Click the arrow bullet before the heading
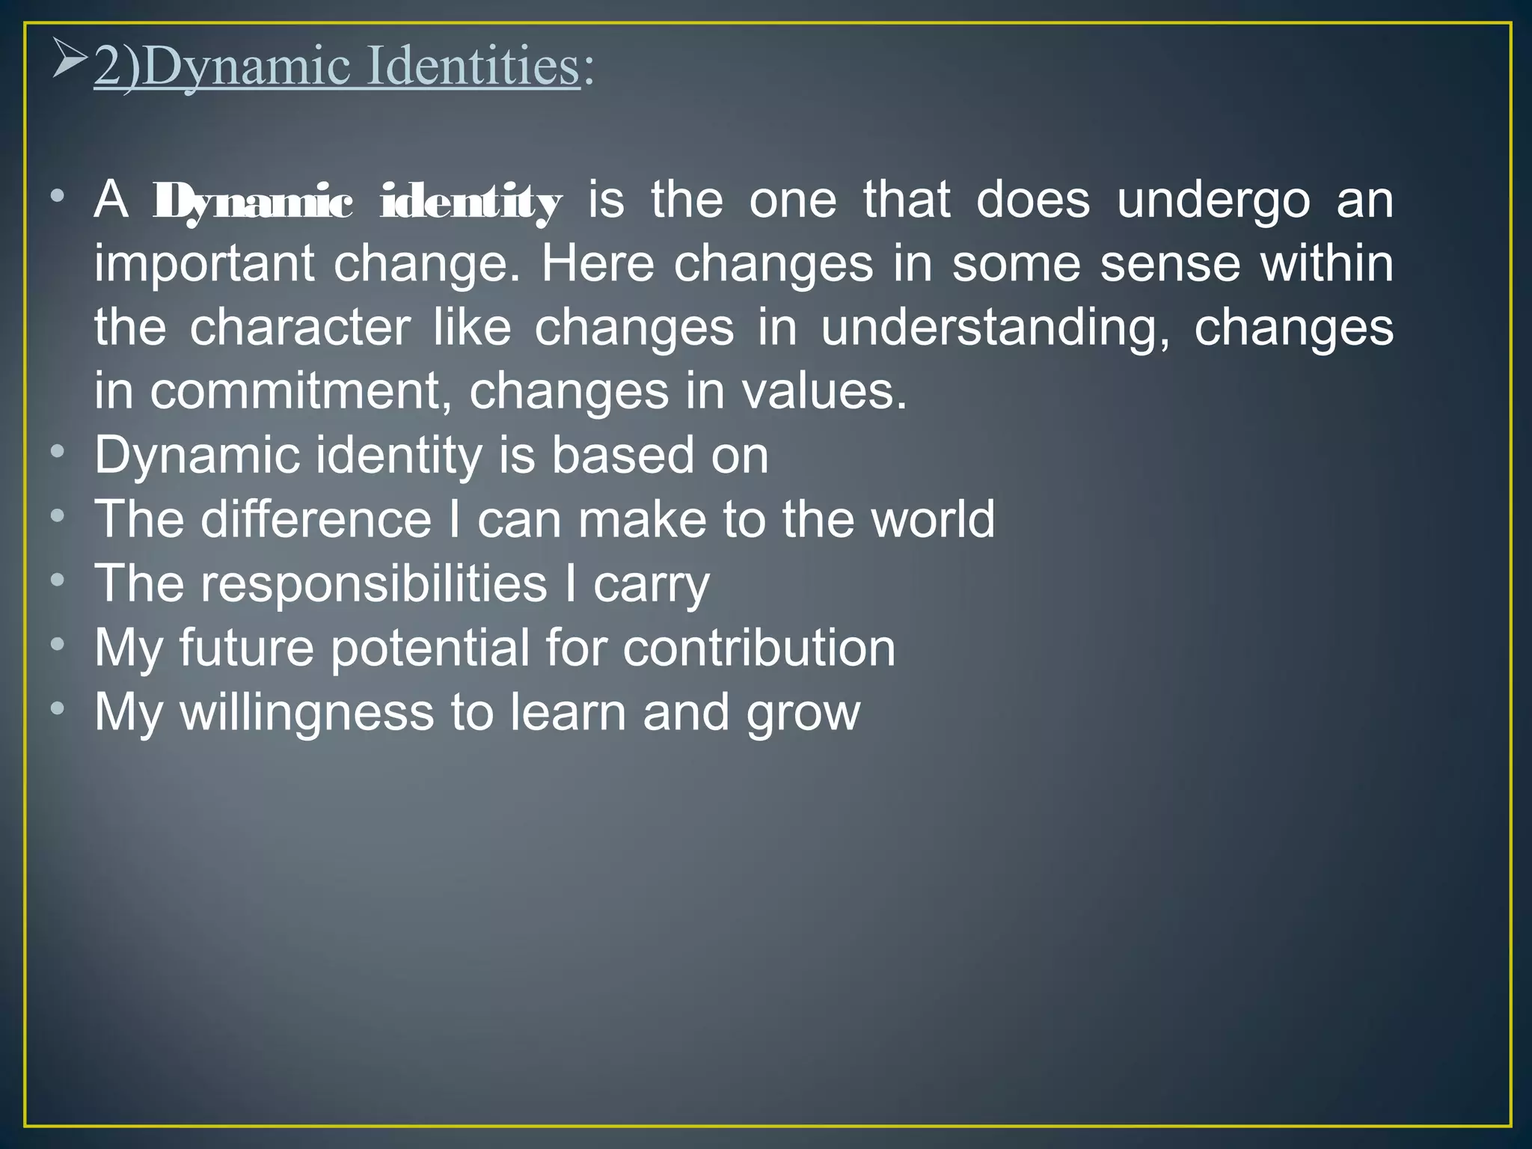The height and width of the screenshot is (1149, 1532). (70, 62)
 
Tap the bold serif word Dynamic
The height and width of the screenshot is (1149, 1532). (252, 202)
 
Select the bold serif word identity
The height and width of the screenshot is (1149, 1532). (471, 202)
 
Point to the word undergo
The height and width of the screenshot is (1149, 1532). (1213, 200)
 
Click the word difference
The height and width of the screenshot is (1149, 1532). (316, 519)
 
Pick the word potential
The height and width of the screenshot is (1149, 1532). (429, 648)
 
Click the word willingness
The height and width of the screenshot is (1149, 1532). (307, 713)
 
